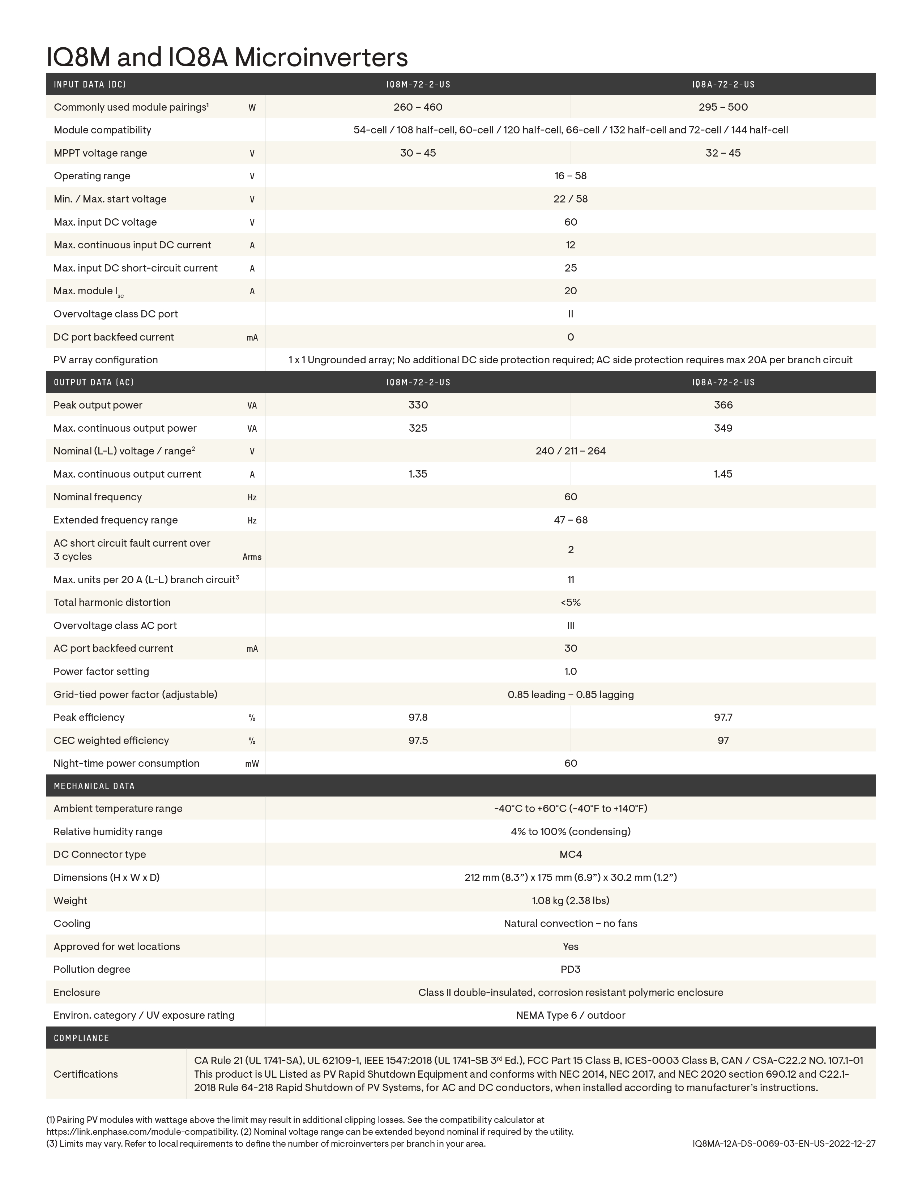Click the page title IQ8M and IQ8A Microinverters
pyautogui.click(x=227, y=57)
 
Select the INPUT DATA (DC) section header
pyautogui.click(x=90, y=85)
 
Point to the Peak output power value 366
pyautogui.click(x=723, y=405)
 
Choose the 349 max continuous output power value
pyautogui.click(x=723, y=428)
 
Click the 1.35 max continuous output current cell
pyautogui.click(x=418, y=474)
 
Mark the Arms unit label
pyautogui.click(x=252, y=557)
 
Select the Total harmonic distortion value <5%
pyautogui.click(x=570, y=603)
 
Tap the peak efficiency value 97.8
pyautogui.click(x=418, y=717)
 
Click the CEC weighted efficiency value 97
pyautogui.click(x=723, y=741)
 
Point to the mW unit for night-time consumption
pyautogui.click(x=252, y=764)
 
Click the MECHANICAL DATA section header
pyautogui.click(x=94, y=786)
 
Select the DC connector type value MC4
pyautogui.click(x=570, y=854)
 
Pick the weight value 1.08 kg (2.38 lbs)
pyautogui.click(x=570, y=900)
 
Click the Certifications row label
pyautogui.click(x=86, y=1074)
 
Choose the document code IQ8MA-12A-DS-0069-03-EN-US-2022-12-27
pyautogui.click(x=783, y=1143)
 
